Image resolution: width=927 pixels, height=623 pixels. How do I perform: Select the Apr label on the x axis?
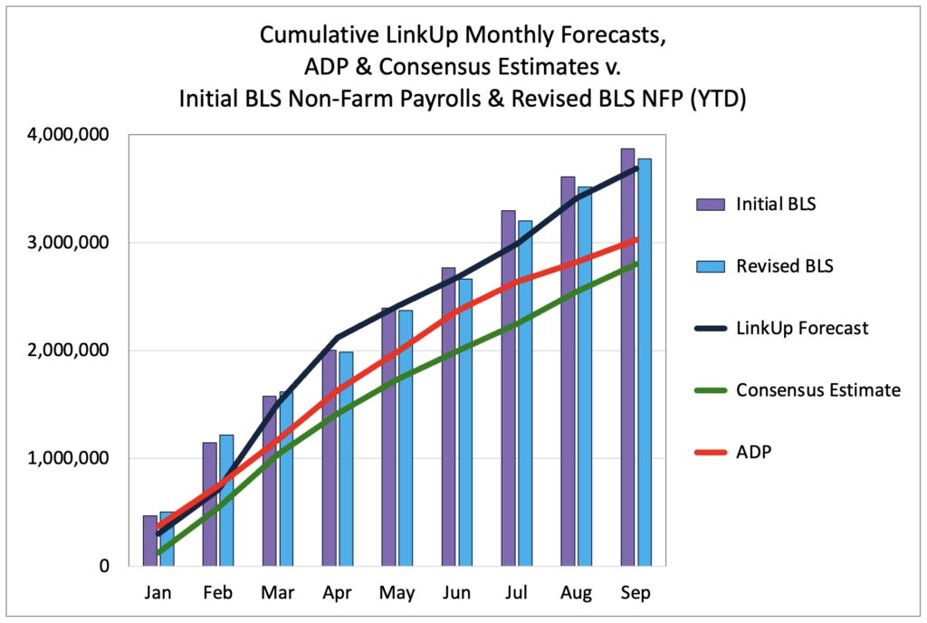337,593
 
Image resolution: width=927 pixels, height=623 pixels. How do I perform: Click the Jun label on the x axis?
456,593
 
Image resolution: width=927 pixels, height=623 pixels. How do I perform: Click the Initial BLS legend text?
776,204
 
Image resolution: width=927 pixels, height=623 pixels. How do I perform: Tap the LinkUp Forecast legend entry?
801,328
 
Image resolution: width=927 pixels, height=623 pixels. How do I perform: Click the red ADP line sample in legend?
710,452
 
